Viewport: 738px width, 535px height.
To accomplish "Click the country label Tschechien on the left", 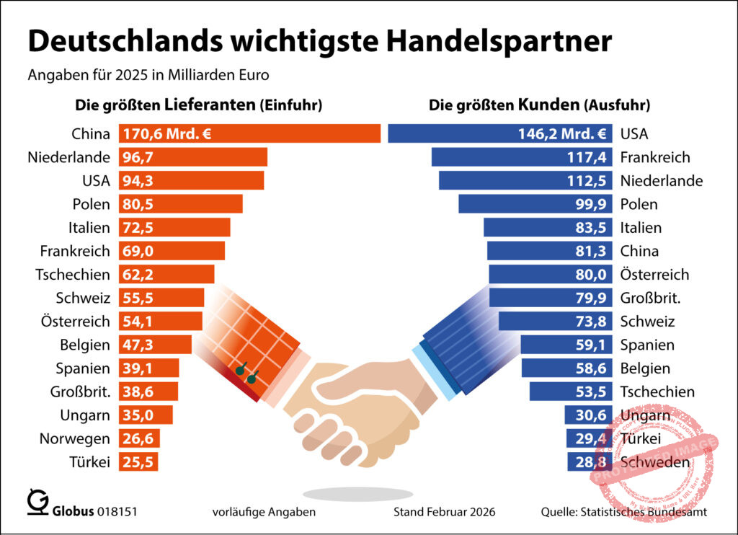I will [73, 275].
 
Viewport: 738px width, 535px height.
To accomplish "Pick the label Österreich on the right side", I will [654, 275].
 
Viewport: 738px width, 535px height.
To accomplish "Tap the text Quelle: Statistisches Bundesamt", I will [623, 512].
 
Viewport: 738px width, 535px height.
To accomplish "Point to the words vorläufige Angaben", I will [264, 512].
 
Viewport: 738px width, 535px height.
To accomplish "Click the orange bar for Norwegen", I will [138, 438].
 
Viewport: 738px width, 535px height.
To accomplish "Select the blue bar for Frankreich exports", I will [523, 157].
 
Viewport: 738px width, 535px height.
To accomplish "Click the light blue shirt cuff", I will [432, 371].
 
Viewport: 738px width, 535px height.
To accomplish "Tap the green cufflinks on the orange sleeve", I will [246, 372].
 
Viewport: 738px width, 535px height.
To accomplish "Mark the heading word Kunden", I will [548, 105].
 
